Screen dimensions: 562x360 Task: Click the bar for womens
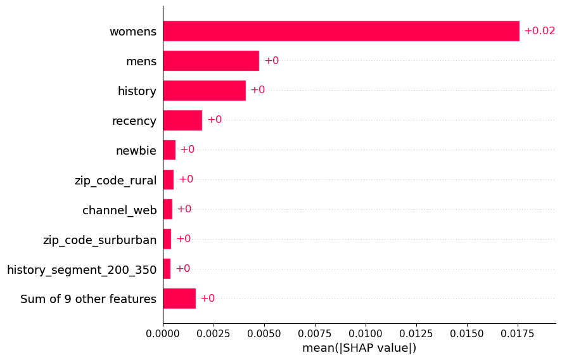342,31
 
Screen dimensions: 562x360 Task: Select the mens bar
211,61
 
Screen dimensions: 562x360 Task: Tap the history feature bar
205,91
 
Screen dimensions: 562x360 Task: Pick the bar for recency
183,120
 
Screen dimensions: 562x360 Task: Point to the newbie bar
170,150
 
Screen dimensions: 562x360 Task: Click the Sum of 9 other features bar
179,299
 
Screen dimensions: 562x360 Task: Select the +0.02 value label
539,31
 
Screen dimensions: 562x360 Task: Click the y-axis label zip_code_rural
115,180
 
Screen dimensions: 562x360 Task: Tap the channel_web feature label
119,210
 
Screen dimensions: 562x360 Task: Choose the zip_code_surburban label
99,240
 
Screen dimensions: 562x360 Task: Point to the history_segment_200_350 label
82,269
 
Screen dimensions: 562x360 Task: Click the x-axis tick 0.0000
163,334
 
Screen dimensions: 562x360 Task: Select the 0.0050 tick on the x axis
264,334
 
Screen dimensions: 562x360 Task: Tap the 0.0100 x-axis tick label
366,334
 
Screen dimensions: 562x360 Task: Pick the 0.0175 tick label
518,334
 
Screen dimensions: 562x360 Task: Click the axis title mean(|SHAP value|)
359,348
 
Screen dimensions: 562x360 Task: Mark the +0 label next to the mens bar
272,61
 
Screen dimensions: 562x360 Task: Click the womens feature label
133,32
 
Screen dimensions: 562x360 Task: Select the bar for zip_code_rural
169,179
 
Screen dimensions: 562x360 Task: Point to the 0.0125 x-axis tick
416,334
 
